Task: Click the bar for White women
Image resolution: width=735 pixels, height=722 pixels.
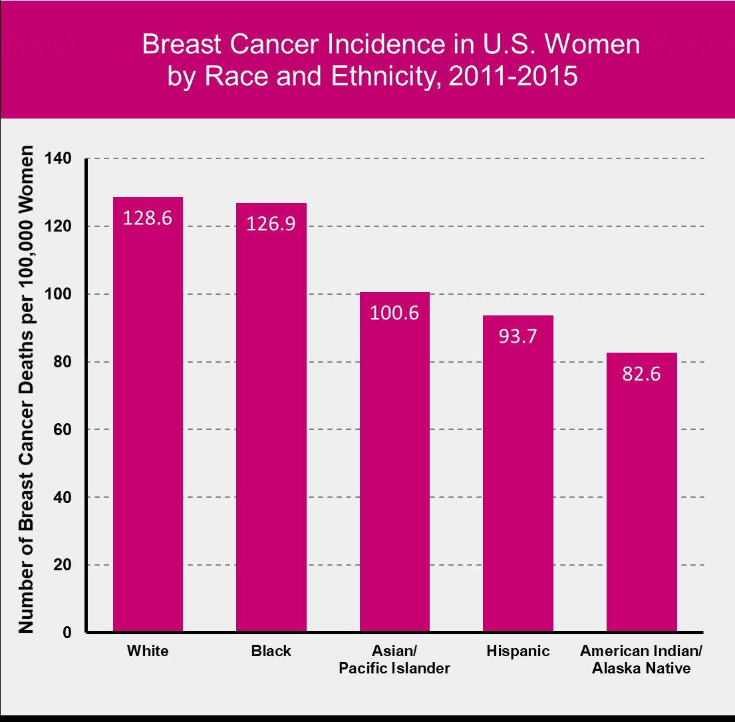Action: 148,415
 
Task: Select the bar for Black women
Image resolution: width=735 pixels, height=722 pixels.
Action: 271,417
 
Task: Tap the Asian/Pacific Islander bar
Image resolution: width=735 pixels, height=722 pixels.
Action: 394,462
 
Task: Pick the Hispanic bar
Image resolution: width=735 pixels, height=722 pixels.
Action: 518,474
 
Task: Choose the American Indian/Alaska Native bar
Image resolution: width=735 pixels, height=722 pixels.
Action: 642,492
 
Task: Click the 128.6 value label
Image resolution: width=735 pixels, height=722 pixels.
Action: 147,218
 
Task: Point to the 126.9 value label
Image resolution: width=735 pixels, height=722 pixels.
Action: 271,224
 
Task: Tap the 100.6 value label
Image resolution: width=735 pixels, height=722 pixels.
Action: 394,313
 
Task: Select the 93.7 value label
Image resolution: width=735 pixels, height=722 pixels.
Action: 518,336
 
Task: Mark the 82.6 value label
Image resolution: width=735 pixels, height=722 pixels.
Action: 641,374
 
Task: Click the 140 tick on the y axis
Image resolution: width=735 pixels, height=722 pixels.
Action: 58,158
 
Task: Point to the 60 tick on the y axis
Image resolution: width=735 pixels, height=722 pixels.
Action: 63,429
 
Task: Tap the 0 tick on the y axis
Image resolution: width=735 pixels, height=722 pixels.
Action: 67,632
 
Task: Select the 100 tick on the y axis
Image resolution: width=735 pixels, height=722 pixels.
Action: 58,294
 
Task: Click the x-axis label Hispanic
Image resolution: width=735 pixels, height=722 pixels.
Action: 518,651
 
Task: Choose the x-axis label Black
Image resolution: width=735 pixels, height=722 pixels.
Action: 271,651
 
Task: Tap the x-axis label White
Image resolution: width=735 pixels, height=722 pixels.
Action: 148,651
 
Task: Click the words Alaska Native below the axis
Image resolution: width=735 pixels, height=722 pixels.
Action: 641,668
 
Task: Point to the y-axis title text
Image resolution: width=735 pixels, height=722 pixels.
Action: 26,389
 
